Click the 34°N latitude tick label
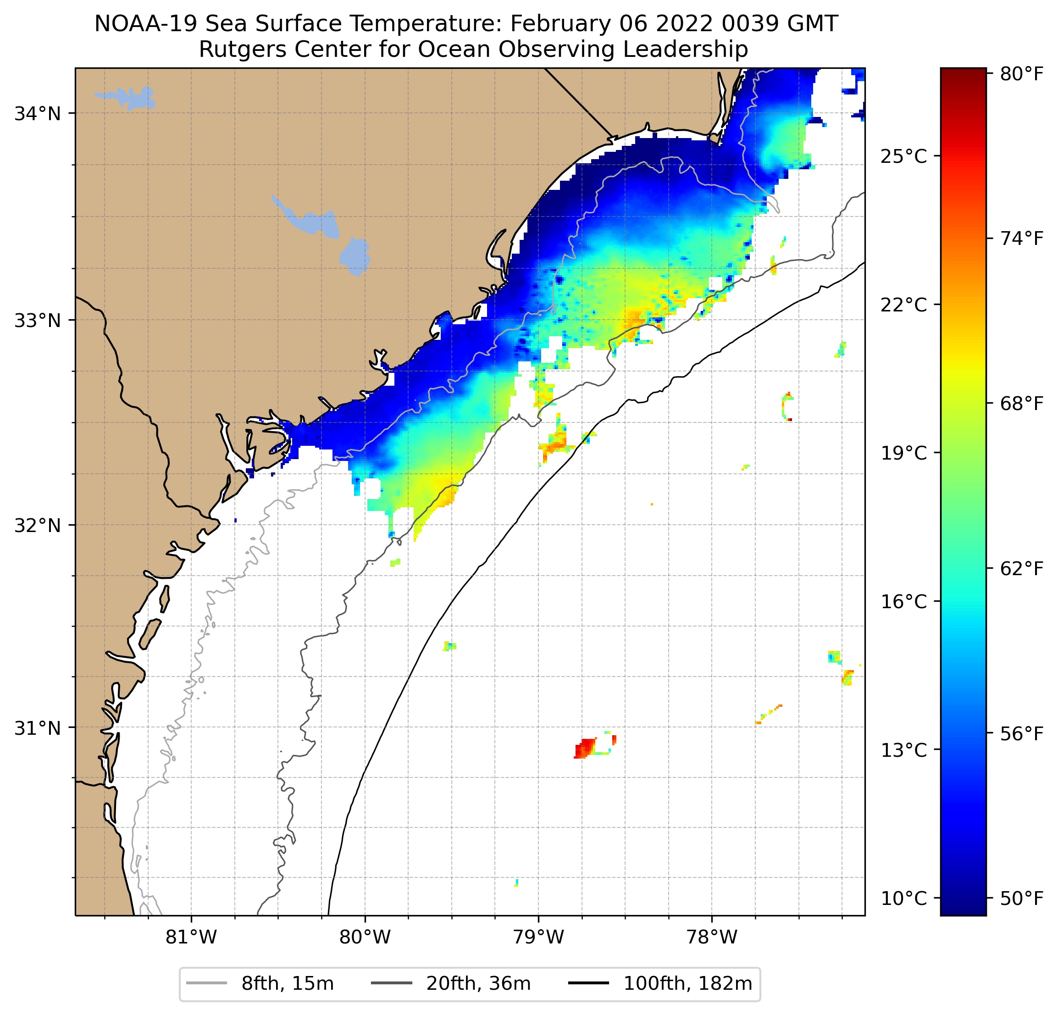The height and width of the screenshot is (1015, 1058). pyautogui.click(x=37, y=114)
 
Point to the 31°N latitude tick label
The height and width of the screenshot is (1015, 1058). pyautogui.click(x=37, y=728)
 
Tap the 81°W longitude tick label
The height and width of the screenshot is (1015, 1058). pyautogui.click(x=191, y=937)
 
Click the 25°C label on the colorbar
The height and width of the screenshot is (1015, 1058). pyautogui.click(x=903, y=156)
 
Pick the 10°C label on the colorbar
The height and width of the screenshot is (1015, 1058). pyautogui.click(x=903, y=899)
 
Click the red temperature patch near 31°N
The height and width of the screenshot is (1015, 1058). pyautogui.click(x=585, y=749)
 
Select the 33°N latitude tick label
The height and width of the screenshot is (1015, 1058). pyautogui.click(x=37, y=321)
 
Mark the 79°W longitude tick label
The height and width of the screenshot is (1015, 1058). pyautogui.click(x=538, y=937)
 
